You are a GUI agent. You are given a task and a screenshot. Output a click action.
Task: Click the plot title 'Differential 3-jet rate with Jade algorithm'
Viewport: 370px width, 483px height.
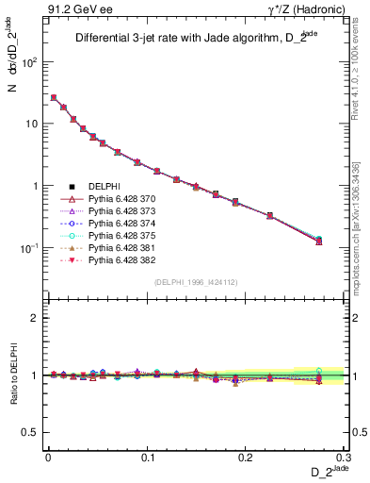[x=188, y=39]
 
